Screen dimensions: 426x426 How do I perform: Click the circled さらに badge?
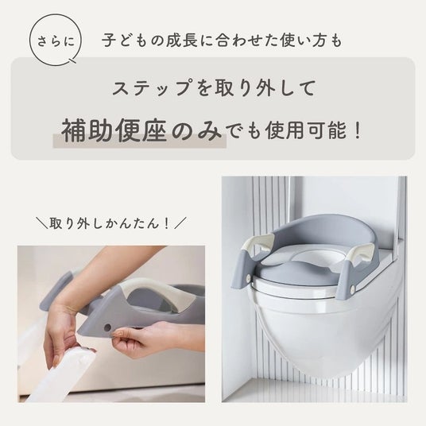point(56,41)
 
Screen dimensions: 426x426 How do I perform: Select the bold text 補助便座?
point(114,130)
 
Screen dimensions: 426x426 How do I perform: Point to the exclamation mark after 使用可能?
point(358,130)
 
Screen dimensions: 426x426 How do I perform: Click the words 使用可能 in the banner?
point(307,130)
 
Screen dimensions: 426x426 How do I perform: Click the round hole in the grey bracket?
point(107,327)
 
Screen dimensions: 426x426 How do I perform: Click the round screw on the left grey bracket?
point(248,277)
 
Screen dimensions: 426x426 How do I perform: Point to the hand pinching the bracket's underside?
point(141,339)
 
